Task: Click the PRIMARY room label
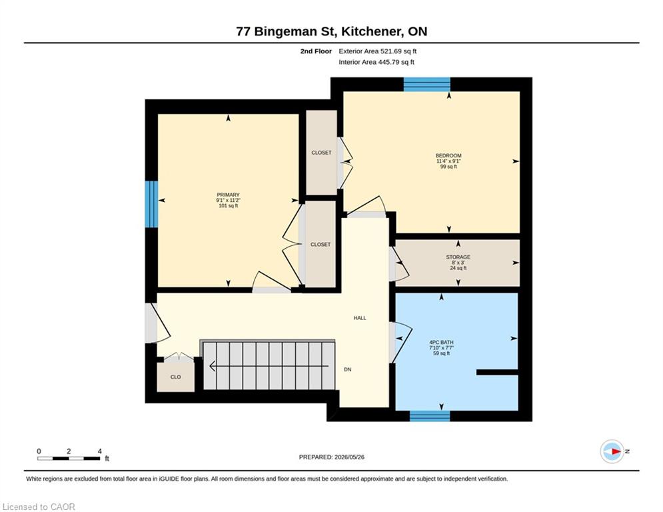click(x=229, y=195)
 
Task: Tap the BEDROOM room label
click(x=448, y=156)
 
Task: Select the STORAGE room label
click(x=458, y=257)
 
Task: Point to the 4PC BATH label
click(x=441, y=342)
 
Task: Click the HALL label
click(x=360, y=318)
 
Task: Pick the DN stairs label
click(x=348, y=369)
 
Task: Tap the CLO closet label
click(x=175, y=377)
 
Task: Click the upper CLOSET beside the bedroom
click(x=321, y=153)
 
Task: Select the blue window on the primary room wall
click(x=151, y=204)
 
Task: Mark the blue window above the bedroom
click(x=426, y=84)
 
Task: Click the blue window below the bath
click(x=430, y=416)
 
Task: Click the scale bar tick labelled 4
click(x=100, y=451)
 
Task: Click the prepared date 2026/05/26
click(x=349, y=457)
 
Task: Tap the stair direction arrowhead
click(x=213, y=365)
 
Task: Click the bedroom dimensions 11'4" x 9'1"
click(x=448, y=161)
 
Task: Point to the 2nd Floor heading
click(x=316, y=51)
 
